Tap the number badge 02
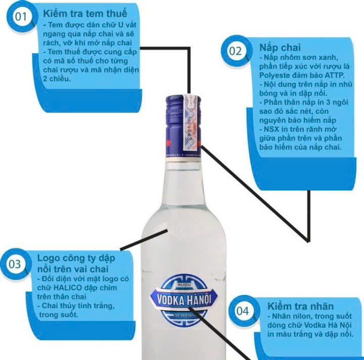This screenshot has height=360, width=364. (235, 51)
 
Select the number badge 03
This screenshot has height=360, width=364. (16, 264)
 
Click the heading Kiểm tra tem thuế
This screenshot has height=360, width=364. (85, 13)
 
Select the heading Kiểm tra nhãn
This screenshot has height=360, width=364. (300, 306)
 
